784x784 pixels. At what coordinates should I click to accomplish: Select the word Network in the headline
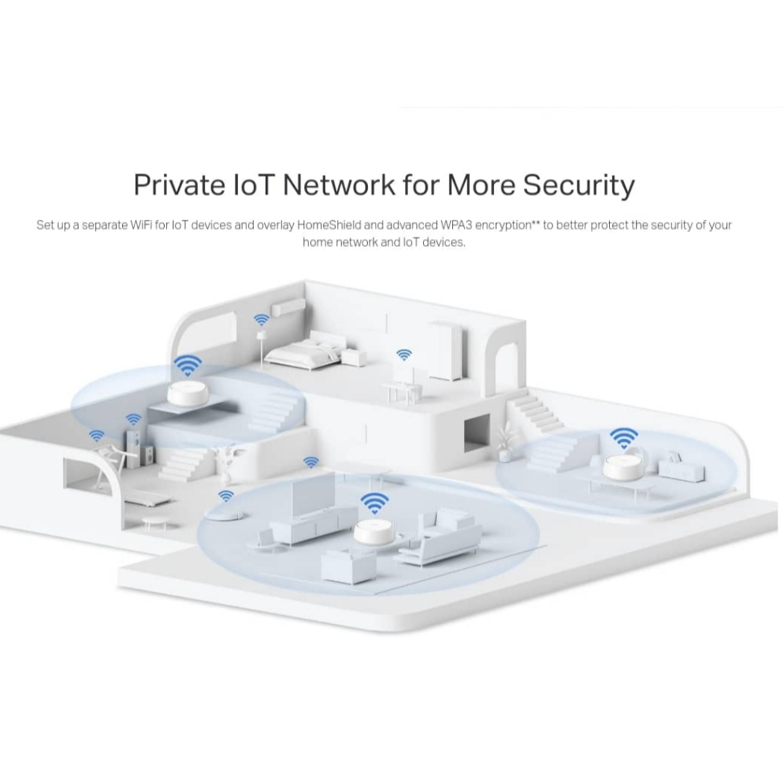click(x=339, y=184)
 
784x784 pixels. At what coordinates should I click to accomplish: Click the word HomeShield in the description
click(x=329, y=225)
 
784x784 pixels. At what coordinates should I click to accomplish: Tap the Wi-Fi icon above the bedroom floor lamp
click(x=261, y=320)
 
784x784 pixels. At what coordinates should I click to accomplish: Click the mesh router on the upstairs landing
click(x=188, y=393)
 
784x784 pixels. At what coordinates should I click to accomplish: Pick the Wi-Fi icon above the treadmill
click(x=96, y=435)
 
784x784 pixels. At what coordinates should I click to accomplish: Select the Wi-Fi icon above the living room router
click(x=373, y=502)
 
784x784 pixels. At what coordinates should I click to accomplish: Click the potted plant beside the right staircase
click(x=503, y=441)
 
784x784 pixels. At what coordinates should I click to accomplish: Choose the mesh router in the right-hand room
click(x=623, y=470)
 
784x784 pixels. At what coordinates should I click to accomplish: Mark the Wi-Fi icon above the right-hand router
click(x=623, y=436)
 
